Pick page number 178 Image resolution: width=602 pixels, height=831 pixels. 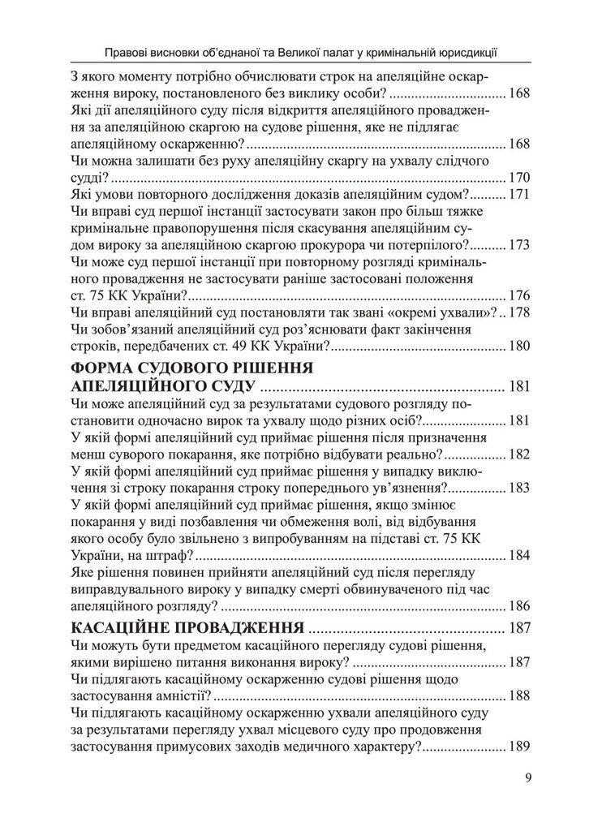point(518,312)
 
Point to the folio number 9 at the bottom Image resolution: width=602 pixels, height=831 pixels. point(528,780)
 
